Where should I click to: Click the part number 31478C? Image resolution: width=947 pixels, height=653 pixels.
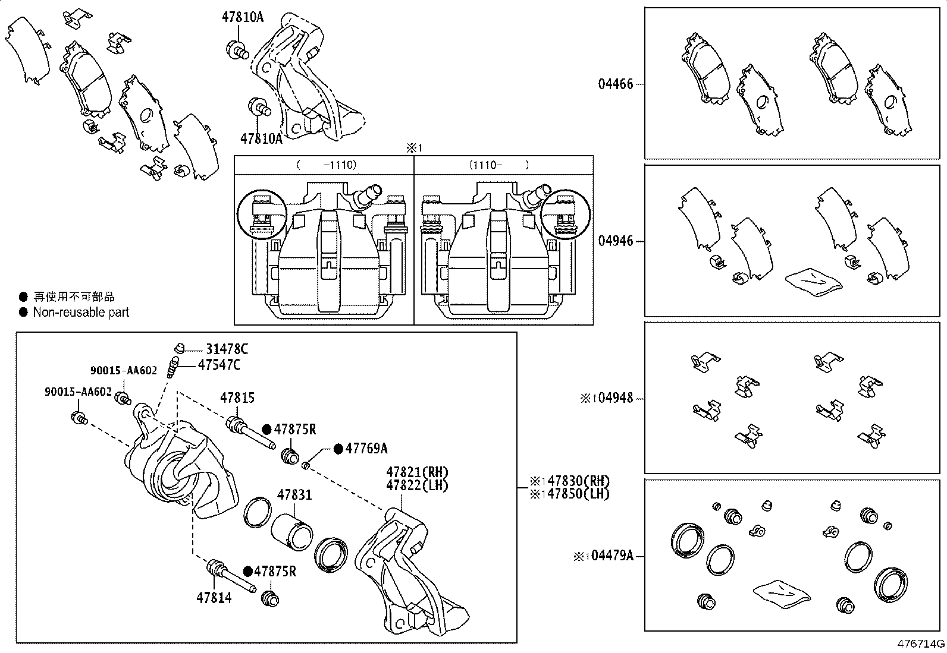[227, 349]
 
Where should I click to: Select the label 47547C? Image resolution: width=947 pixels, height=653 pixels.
[219, 365]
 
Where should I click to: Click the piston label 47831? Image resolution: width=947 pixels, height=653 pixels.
[294, 495]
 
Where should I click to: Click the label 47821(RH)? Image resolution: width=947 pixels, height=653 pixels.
[417, 472]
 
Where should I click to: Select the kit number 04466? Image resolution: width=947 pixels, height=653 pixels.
[616, 84]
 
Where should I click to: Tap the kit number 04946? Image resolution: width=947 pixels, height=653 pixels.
[616, 241]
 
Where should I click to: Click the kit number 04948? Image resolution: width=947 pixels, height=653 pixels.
[616, 398]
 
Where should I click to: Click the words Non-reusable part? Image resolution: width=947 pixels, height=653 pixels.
[81, 312]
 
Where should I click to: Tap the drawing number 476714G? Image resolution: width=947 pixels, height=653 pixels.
[921, 644]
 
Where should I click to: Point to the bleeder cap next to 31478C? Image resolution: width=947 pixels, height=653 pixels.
[179, 347]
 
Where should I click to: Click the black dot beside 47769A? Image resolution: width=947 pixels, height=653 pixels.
[338, 449]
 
